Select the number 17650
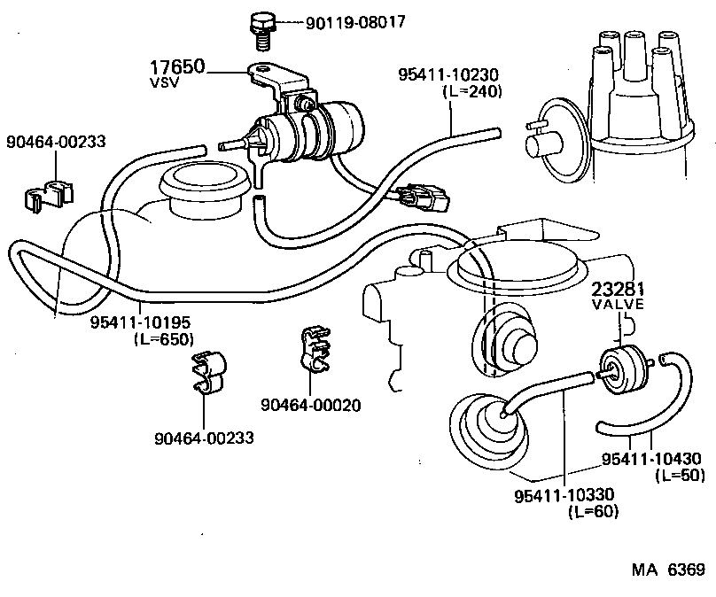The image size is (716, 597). click(176, 67)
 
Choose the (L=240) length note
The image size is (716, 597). click(471, 92)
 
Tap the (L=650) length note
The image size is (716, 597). click(162, 338)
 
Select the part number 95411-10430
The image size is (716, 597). click(651, 459)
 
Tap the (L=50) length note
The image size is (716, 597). click(680, 476)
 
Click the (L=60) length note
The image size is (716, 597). click(592, 510)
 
